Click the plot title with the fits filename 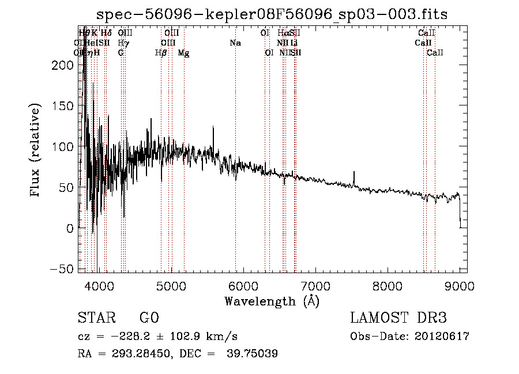(272, 14)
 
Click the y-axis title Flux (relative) (36, 150)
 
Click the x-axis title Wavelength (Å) (272, 301)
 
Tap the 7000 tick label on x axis (315, 286)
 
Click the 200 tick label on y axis (66, 65)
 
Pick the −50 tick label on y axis (65, 269)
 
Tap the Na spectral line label (235, 43)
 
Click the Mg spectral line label (183, 53)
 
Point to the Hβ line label (161, 53)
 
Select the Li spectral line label (294, 43)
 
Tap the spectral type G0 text (149, 319)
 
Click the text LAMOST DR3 (398, 319)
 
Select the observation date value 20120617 (439, 337)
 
